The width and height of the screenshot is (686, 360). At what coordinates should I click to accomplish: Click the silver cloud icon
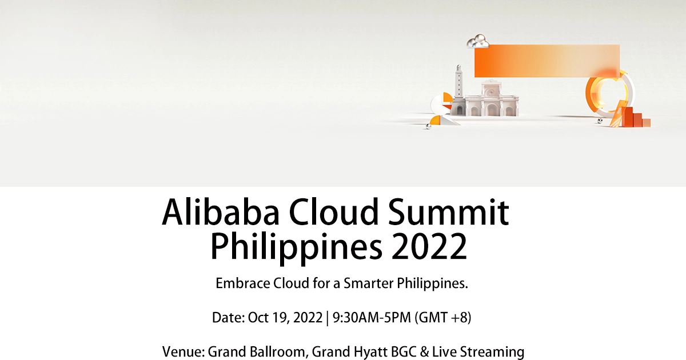478,41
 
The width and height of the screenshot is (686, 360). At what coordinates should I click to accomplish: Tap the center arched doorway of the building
492,110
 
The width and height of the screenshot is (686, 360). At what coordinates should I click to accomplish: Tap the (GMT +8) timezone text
444,318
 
